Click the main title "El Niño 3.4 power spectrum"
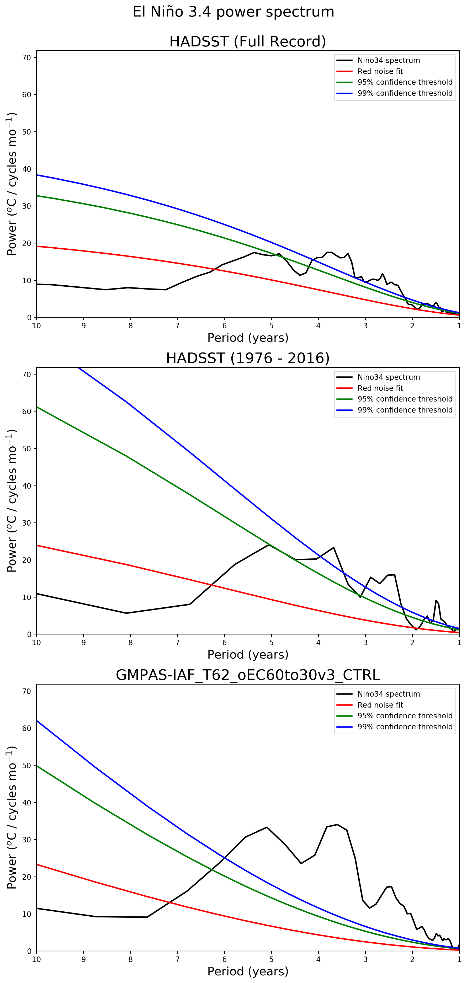coord(233,12)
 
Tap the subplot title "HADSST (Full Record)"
coord(247,41)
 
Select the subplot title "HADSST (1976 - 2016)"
coord(247,358)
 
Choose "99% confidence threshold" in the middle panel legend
coord(405,410)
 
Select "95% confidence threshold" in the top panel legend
coord(405,82)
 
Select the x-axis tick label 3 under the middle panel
coord(365,643)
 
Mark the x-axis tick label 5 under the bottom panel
coord(272,960)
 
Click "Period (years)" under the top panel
coord(247,338)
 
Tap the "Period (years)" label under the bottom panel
coord(247,971)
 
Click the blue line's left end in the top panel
coord(37,175)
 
